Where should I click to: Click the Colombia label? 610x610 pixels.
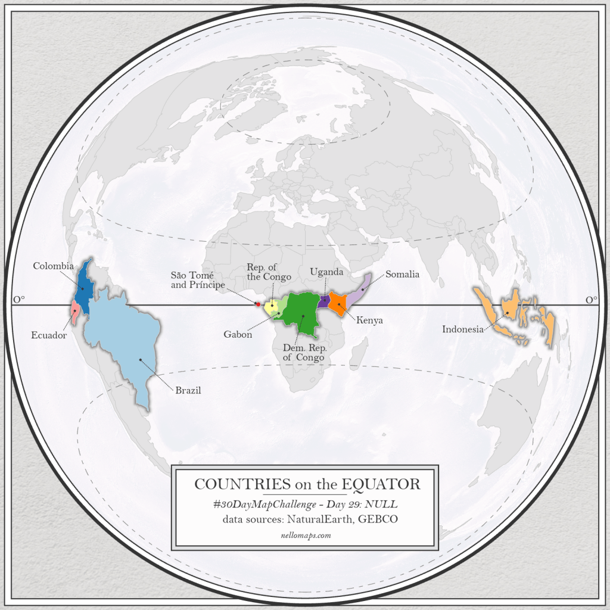pos(54,266)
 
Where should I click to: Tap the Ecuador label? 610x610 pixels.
pos(49,335)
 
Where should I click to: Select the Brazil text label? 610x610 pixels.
pos(188,391)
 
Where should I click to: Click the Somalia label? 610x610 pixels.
pos(402,275)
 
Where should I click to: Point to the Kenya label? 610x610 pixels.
pos(369,320)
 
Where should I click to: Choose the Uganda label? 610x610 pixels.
pos(326,272)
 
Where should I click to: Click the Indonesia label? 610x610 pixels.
pos(463,329)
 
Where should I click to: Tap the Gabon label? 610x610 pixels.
pos(238,334)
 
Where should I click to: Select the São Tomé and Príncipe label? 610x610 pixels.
pos(198,279)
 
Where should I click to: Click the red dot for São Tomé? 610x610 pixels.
pos(257,304)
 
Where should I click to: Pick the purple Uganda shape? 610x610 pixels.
pos(323,301)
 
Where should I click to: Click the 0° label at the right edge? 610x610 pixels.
pos(591,300)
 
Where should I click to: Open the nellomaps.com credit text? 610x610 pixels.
pos(305,536)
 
